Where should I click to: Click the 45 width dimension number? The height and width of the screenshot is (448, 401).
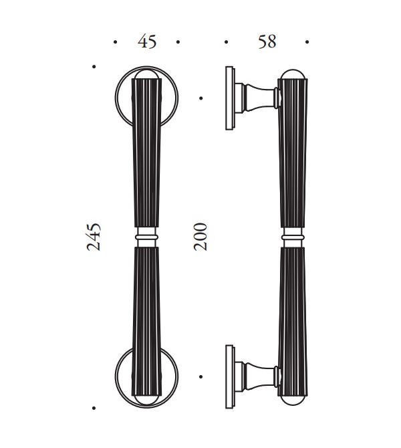coord(147,41)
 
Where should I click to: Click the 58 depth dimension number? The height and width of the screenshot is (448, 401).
coord(267,41)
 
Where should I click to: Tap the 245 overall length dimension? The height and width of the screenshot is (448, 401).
coord(94,237)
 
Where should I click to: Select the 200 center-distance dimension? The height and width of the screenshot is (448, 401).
coord(200,237)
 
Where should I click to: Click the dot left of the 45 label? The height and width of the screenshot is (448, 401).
coord(115,42)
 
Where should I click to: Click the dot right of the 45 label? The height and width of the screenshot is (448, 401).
coord(178,42)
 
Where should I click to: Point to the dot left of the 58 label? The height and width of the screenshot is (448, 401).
coord(226,42)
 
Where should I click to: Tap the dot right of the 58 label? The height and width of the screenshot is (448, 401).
coord(307,42)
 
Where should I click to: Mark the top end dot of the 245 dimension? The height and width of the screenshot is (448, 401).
coord(94,67)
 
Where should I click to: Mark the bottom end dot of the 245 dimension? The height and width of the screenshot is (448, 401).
coord(94,409)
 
